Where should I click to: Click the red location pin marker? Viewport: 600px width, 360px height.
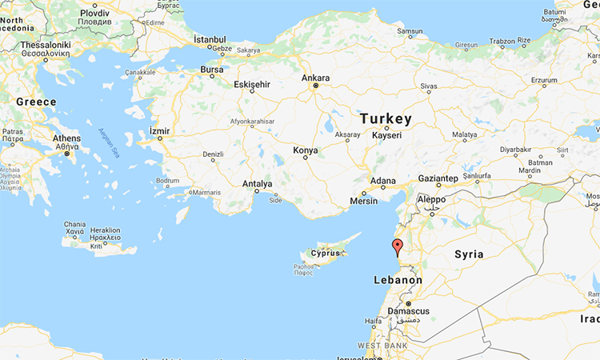396,246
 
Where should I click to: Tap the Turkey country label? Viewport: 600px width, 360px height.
386,119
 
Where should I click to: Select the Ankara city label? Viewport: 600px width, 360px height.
315,78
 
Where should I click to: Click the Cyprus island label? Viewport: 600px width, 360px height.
326,254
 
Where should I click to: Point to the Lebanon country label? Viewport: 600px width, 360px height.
398,280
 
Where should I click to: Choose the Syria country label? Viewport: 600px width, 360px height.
469,254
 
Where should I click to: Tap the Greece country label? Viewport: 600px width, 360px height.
37,102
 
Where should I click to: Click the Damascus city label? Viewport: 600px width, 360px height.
408,310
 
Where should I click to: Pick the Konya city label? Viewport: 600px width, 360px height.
305,150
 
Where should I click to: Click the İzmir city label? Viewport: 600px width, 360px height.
159,130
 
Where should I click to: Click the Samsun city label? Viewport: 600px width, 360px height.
410,31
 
